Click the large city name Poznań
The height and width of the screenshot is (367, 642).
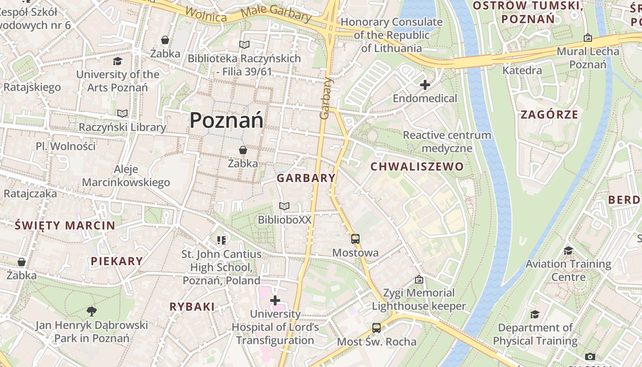pyautogui.click(x=227, y=120)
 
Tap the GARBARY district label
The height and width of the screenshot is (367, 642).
pyautogui.click(x=306, y=178)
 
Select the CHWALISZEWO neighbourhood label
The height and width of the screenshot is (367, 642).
pyautogui.click(x=417, y=167)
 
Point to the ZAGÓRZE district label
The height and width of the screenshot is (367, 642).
pyautogui.click(x=549, y=115)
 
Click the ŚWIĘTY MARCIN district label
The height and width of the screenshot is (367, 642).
pyautogui.click(x=65, y=225)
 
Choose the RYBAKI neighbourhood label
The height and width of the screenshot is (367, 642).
pyautogui.click(x=192, y=307)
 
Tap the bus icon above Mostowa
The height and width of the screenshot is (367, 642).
pyautogui.click(x=355, y=239)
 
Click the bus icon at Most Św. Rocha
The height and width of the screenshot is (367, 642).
pyautogui.click(x=376, y=328)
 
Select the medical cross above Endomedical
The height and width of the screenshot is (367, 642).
pyautogui.click(x=425, y=84)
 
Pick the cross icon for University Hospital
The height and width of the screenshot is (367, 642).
pyautogui.click(x=275, y=300)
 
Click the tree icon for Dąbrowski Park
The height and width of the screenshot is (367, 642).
pyautogui.click(x=92, y=311)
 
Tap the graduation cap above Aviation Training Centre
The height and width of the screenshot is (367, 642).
pyautogui.click(x=568, y=250)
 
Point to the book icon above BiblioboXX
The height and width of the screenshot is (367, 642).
pyautogui.click(x=284, y=206)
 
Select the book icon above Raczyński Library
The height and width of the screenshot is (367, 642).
pyautogui.click(x=122, y=113)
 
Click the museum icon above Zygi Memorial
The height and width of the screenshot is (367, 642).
pyautogui.click(x=419, y=279)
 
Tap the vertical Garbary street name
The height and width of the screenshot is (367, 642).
pyautogui.click(x=326, y=98)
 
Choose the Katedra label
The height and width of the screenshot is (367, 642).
pyautogui.click(x=522, y=71)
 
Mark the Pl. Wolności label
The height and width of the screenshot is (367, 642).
pyautogui.click(x=66, y=146)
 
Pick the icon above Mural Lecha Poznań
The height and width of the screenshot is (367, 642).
pyautogui.click(x=588, y=38)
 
